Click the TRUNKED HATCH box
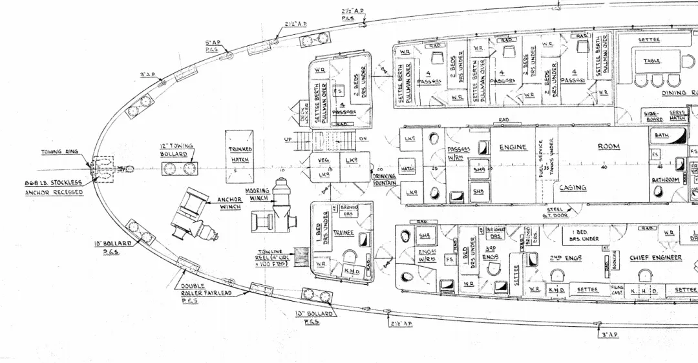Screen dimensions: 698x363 [240, 154]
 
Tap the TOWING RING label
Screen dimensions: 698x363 [61, 152]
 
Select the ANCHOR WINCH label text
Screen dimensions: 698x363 [229, 203]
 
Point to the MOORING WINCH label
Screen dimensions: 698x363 [257, 194]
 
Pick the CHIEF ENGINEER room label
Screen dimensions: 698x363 [655, 258]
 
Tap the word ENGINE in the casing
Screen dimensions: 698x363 [513, 148]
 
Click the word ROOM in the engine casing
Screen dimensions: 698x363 [608, 147]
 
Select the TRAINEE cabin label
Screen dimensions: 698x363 [344, 233]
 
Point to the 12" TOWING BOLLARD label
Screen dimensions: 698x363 [174, 150]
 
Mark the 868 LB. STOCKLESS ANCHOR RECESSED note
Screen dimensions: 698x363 [54, 187]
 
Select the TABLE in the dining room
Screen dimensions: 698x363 [651, 61]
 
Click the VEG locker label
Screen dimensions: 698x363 [323, 160]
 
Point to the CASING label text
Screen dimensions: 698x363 [573, 188]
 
